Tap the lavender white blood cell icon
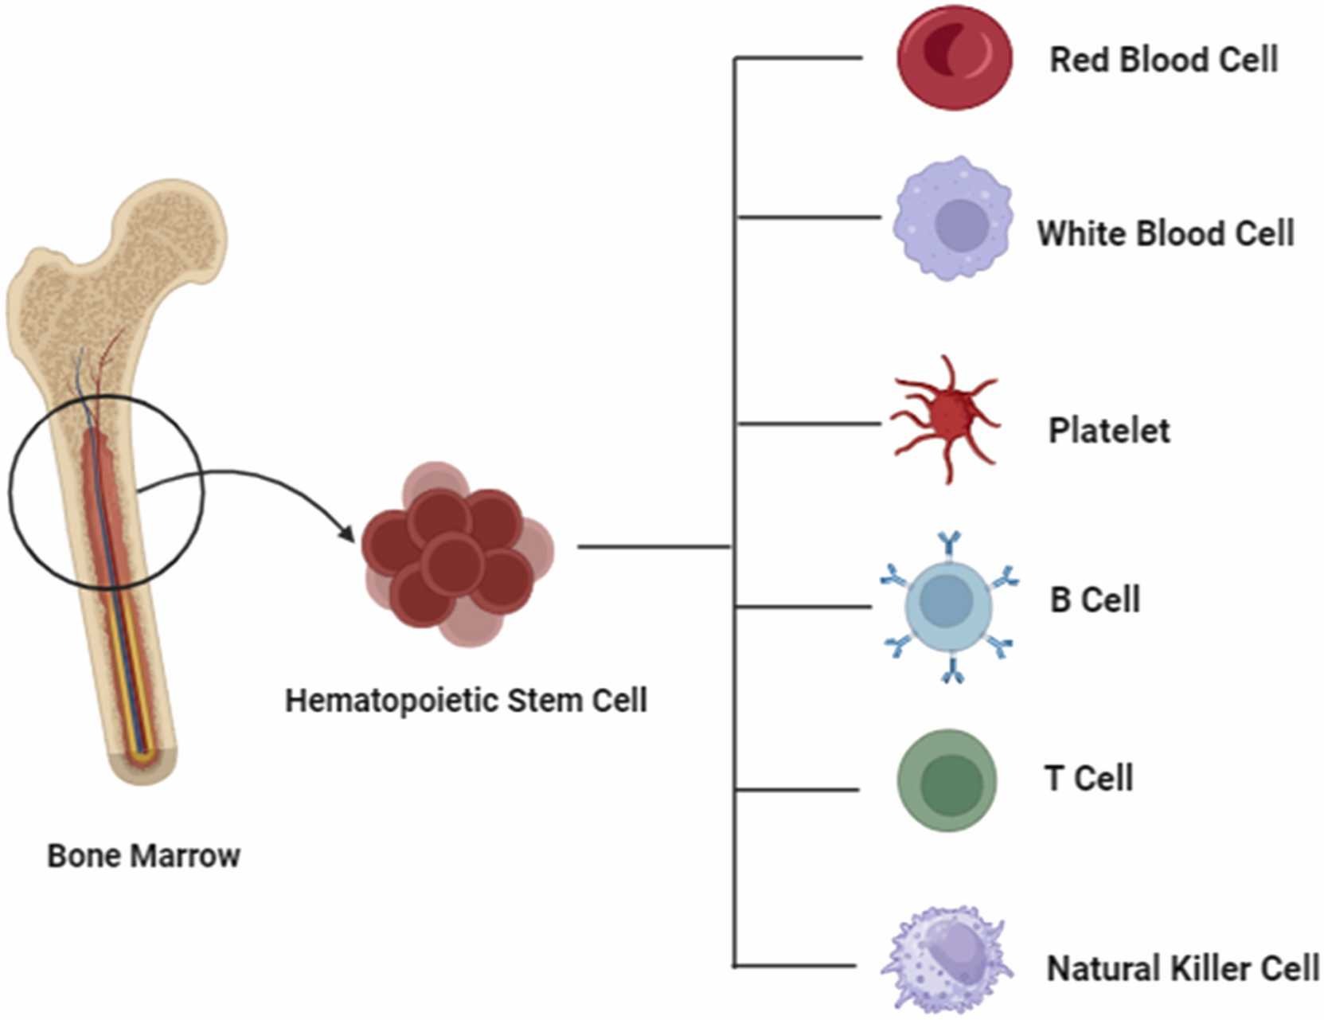(953, 219)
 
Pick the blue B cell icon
(948, 607)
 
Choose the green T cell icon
(947, 780)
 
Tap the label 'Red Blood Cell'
(1163, 60)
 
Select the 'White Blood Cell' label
(1165, 234)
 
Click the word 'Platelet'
(1109, 431)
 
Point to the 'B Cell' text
(1095, 600)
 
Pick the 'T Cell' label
(1088, 778)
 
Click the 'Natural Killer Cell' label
(1182, 969)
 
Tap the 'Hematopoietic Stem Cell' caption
(466, 701)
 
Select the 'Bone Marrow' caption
(143, 856)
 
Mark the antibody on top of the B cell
(948, 544)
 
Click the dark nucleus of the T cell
(951, 785)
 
